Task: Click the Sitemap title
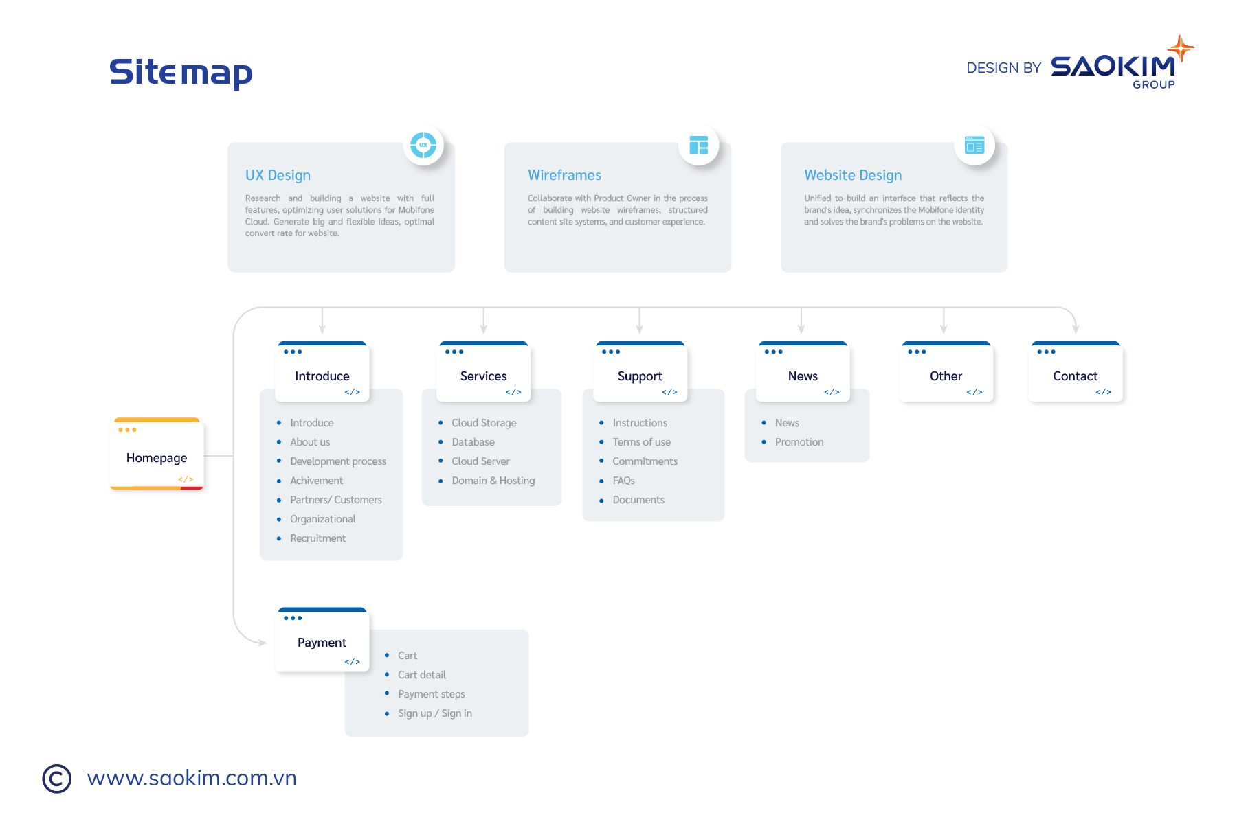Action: pos(181,72)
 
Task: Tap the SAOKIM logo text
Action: pos(1113,67)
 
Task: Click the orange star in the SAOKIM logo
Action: pos(1181,49)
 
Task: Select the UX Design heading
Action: pos(278,175)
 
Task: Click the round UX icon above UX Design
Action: pos(423,145)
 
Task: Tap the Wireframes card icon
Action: pos(698,145)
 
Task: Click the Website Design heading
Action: pos(853,175)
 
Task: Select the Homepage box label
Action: pos(157,458)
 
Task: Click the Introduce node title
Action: pos(322,376)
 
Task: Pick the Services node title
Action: pos(483,376)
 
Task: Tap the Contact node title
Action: pos(1075,376)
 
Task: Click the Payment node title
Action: pos(322,643)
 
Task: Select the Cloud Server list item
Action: pos(480,461)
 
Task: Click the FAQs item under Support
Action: pos(623,481)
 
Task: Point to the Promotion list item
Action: pos(799,442)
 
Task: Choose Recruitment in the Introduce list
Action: pos(317,538)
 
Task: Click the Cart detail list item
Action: pos(421,675)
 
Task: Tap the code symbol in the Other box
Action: pos(974,392)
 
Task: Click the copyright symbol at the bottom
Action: pos(56,779)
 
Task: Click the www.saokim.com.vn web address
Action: pos(192,778)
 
